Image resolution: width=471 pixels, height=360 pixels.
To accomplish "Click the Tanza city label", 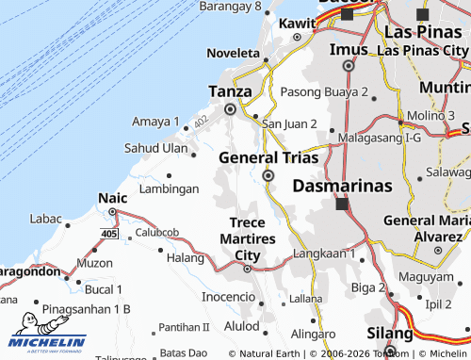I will [x=230, y=91].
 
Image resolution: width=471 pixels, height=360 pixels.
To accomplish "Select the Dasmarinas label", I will [x=342, y=186].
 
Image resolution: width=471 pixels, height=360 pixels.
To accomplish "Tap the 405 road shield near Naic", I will [x=109, y=232].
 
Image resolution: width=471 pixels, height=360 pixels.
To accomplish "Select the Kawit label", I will [x=298, y=23].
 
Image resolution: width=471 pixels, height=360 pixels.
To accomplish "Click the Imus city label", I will [x=348, y=49].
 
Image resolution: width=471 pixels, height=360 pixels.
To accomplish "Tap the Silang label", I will [x=390, y=334].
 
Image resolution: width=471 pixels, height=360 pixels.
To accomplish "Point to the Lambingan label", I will [x=169, y=188].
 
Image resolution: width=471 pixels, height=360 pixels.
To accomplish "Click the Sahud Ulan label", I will [x=156, y=148].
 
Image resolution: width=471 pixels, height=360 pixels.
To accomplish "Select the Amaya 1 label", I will [x=155, y=122].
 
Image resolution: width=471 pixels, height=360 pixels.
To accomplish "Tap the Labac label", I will [x=45, y=219].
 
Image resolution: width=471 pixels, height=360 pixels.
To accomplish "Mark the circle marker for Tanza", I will [x=230, y=109].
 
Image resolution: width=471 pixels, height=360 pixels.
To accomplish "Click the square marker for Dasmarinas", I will [x=342, y=203].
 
